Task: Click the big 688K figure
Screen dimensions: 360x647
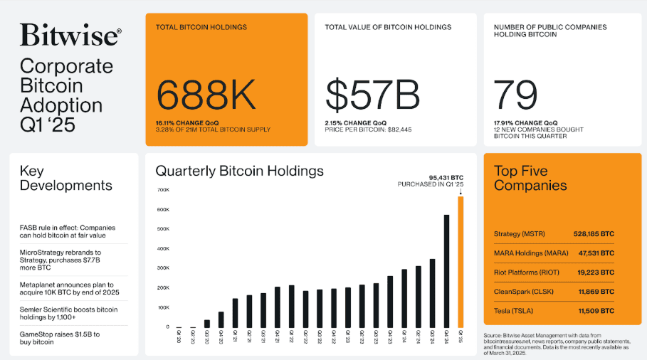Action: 207,95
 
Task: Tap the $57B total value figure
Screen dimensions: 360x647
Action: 372,95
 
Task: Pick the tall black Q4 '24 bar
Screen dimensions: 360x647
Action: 446,270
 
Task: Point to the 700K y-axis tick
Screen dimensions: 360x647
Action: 162,190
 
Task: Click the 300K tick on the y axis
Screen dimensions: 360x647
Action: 162,268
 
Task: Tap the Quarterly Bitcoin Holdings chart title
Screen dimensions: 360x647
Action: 239,171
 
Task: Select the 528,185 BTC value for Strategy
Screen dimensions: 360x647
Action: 593,233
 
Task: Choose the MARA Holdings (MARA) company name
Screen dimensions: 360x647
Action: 531,253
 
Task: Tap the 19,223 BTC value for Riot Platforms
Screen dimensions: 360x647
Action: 595,272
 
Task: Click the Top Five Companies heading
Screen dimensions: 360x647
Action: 530,178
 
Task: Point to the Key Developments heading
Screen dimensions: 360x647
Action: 65,178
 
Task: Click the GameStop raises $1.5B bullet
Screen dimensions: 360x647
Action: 60,338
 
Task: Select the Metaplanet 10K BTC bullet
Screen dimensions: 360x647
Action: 69,288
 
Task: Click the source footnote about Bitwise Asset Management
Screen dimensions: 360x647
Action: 562,344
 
